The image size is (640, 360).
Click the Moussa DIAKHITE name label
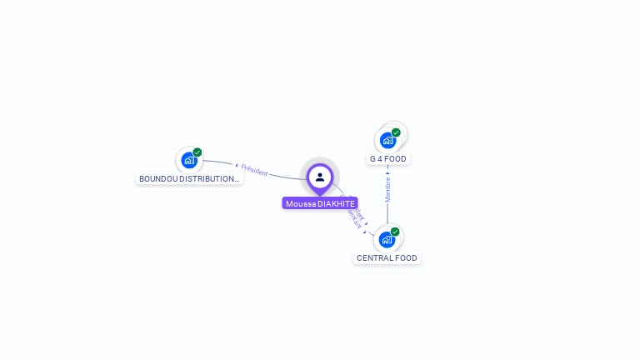pyautogui.click(x=320, y=203)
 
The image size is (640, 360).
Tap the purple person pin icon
pyautogui.click(x=320, y=177)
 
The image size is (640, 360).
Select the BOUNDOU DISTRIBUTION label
pyautogui.click(x=189, y=178)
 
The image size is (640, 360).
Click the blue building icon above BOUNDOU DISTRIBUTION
pyautogui.click(x=189, y=160)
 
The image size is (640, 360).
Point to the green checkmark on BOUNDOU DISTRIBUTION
pyautogui.click(x=197, y=152)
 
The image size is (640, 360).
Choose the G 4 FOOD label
pyautogui.click(x=388, y=158)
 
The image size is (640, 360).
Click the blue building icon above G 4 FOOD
pyautogui.click(x=387, y=140)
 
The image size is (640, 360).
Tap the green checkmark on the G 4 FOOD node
pyautogui.click(x=396, y=132)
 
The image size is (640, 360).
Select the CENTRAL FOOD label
pyautogui.click(x=387, y=258)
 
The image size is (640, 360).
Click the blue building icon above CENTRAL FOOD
pyautogui.click(x=387, y=240)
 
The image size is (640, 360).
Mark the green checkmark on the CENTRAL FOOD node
pyautogui.click(x=395, y=232)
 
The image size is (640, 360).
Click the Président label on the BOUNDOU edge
pyautogui.click(x=254, y=171)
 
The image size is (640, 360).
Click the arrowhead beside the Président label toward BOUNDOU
pyautogui.click(x=237, y=166)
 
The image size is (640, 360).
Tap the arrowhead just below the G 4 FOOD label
pyautogui.click(x=387, y=173)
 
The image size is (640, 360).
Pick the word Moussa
pyautogui.click(x=301, y=203)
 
